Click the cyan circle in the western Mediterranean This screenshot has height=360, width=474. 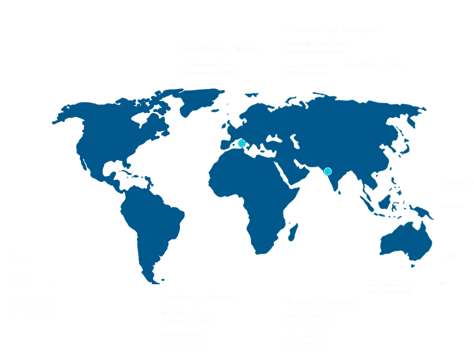[x=242, y=143]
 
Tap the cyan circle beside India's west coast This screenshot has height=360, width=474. [x=327, y=171]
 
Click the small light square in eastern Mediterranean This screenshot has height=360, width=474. [x=268, y=154]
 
